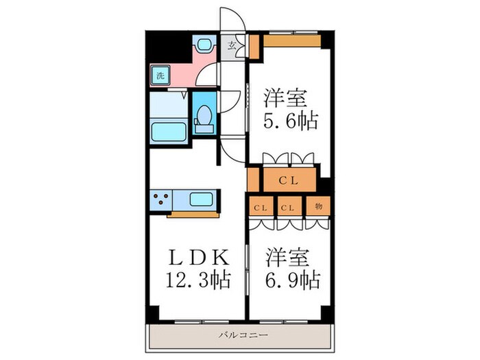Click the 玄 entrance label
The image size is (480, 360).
pyautogui.click(x=232, y=47)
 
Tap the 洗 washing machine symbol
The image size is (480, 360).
pyautogui.click(x=158, y=75)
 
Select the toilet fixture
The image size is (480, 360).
pyautogui.click(x=204, y=120)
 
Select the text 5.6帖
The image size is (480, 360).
pyautogui.click(x=290, y=122)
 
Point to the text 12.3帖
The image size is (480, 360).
pyautogui.click(x=195, y=279)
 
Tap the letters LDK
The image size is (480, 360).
pyautogui.click(x=195, y=257)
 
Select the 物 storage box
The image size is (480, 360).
pyautogui.click(x=319, y=206)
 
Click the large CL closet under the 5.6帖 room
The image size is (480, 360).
pyautogui.click(x=287, y=180)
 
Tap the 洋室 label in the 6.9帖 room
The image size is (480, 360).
pyautogui.click(x=290, y=257)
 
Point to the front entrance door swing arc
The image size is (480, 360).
pyautogui.click(x=230, y=19)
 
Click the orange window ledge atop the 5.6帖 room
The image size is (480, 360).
pyautogui.click(x=291, y=40)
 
